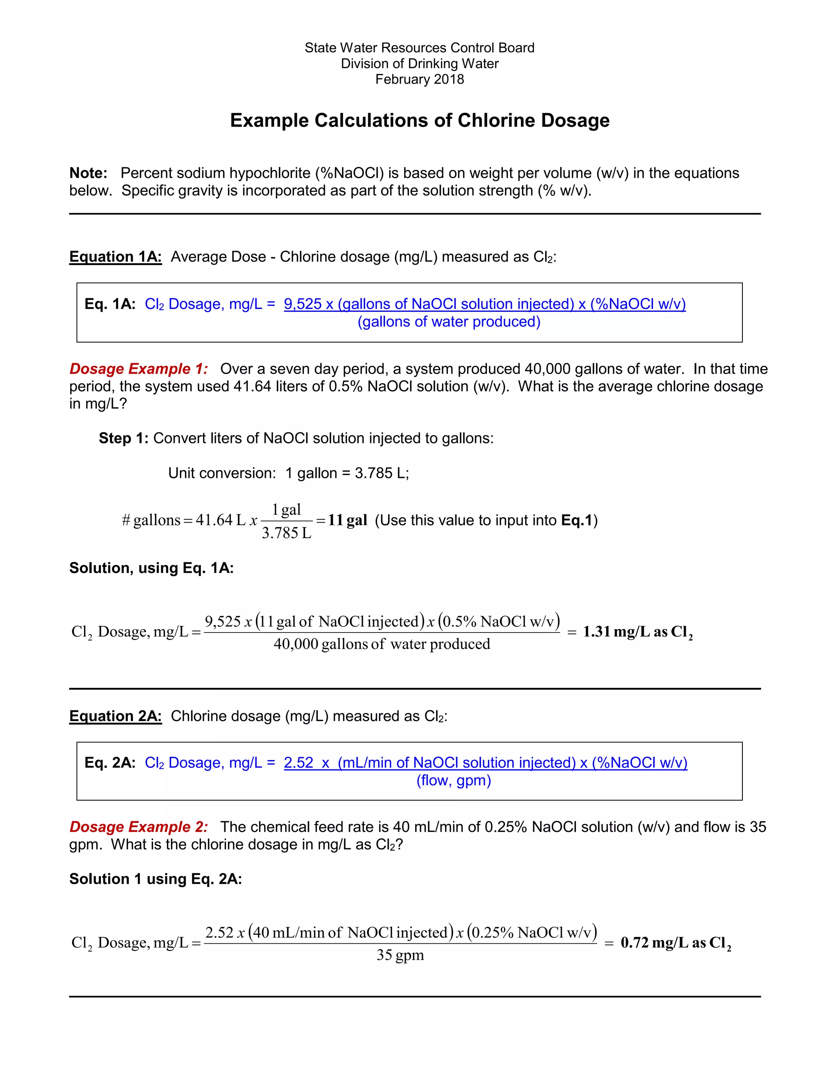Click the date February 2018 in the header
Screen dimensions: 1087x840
tap(420, 79)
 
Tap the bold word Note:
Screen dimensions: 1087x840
tap(88, 173)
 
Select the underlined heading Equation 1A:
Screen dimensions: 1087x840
tap(115, 256)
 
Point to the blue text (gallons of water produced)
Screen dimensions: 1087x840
tap(449, 322)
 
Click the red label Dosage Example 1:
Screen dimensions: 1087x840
tap(138, 369)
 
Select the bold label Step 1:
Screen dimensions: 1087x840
tap(123, 438)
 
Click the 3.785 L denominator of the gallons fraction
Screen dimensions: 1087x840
tap(287, 533)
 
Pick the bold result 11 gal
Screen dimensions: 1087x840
tap(347, 520)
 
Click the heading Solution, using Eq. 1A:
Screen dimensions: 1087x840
tap(151, 568)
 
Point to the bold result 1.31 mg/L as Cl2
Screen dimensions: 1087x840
tap(637, 632)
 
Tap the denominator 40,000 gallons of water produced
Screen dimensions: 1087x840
tap(382, 644)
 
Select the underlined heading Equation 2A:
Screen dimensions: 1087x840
tap(115, 716)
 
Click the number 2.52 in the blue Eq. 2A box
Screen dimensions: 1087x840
tap(299, 763)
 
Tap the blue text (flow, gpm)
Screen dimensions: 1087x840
tap(453, 780)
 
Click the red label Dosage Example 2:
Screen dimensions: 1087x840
tap(138, 827)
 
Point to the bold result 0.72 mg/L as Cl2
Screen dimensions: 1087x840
tap(675, 943)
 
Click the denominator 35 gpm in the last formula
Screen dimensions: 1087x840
tap(400, 955)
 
